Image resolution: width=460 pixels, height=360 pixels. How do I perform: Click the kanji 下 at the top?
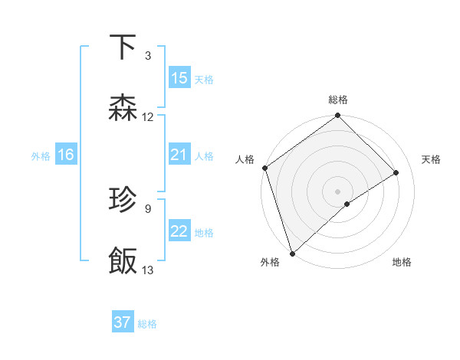click(x=123, y=47)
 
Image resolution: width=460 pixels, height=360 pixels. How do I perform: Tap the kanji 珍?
click(x=123, y=200)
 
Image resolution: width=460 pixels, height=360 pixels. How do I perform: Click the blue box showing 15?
click(x=179, y=78)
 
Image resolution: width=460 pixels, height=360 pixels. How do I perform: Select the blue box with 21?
click(x=179, y=155)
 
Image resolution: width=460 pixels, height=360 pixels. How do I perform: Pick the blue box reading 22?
click(x=179, y=231)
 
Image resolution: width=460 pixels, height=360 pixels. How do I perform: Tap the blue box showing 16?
click(x=66, y=155)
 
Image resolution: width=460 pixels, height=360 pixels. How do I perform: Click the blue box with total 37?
click(x=123, y=322)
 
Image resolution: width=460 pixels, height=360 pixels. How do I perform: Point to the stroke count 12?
click(x=148, y=117)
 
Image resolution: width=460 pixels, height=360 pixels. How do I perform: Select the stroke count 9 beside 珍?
click(x=148, y=208)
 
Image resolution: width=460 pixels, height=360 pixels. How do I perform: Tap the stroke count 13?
click(x=148, y=270)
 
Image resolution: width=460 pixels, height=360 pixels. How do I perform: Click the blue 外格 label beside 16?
click(x=41, y=155)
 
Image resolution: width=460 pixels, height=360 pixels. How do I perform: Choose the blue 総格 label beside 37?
click(x=147, y=323)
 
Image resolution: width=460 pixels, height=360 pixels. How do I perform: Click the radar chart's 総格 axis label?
click(x=338, y=100)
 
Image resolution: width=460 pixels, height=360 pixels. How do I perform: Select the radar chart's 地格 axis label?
click(x=402, y=263)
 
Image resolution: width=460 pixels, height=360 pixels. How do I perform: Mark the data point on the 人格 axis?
click(x=264, y=168)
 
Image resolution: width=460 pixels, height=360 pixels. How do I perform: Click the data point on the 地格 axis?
click(x=347, y=204)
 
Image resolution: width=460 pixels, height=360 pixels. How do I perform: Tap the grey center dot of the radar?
click(x=338, y=191)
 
